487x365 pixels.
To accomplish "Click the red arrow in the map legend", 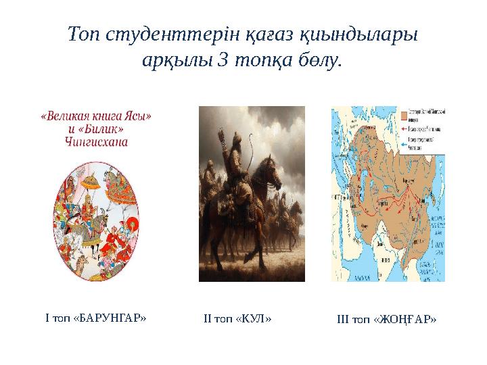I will [407, 126].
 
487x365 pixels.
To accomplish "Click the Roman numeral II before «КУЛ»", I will [208, 317].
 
